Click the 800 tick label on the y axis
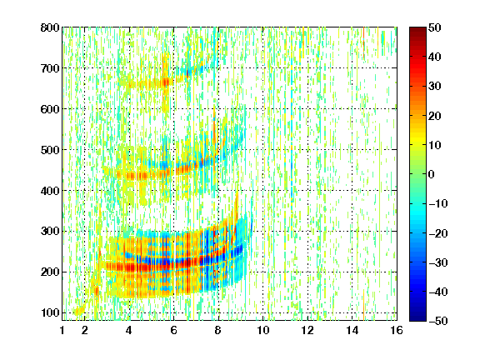tap(50, 27)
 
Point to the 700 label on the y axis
tap(50, 68)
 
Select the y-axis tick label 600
tap(50, 109)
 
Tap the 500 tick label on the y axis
tap(50, 150)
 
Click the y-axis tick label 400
tap(50, 191)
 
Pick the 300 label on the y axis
tap(50, 232)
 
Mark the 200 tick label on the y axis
tap(50, 272)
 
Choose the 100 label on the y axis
tap(50, 312)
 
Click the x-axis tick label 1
tap(62, 330)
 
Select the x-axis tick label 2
tap(85, 330)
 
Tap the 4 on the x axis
tap(129, 330)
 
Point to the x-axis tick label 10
tap(262, 330)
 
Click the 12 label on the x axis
tap(307, 330)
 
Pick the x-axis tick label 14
tap(352, 330)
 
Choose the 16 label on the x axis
tap(397, 330)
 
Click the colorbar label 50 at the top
tap(434, 27)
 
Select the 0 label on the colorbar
tap(432, 174)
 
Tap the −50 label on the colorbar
tap(438, 321)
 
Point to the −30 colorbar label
tap(438, 262)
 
